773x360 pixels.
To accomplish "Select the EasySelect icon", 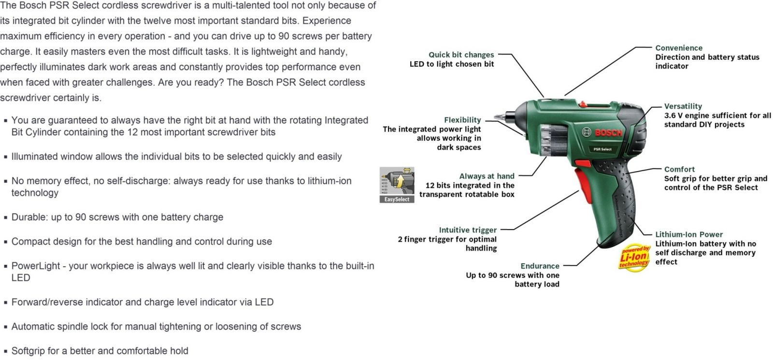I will (397, 185).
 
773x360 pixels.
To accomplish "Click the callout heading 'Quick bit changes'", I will (461, 55).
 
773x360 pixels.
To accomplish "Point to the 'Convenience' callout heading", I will (679, 48).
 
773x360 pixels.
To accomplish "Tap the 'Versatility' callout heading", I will (683, 106).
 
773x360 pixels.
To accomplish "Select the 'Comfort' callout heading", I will (679, 169).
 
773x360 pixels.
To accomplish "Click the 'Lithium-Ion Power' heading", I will (689, 234).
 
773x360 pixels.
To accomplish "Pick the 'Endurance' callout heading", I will (540, 266).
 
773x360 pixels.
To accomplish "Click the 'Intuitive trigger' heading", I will (468, 230).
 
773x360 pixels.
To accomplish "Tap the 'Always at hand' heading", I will (487, 176).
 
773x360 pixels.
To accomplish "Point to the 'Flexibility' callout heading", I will (462, 120).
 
